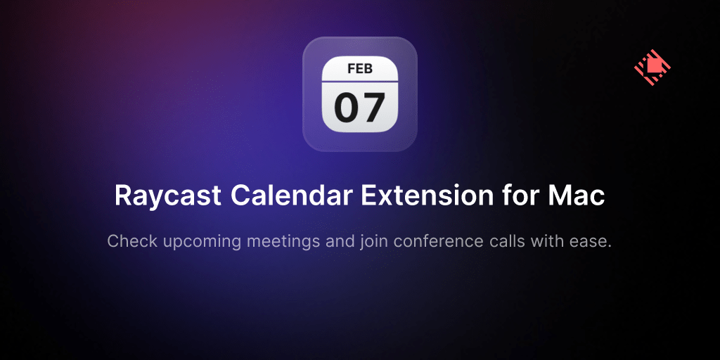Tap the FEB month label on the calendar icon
[360, 69]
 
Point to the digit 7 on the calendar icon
[373, 108]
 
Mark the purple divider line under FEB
[359, 82]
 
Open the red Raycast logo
[652, 68]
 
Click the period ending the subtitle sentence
[610, 247]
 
